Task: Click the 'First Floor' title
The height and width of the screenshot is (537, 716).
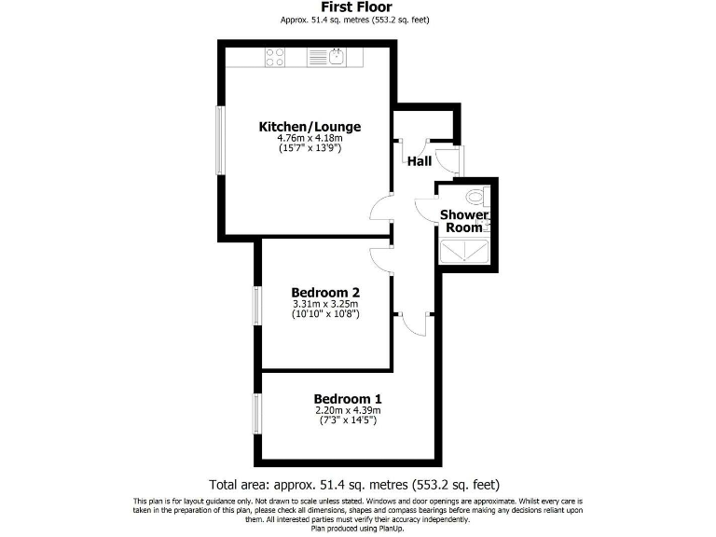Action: pyautogui.click(x=357, y=7)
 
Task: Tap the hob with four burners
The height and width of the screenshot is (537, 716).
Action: pyautogui.click(x=275, y=57)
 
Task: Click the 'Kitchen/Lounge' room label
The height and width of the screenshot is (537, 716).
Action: pyautogui.click(x=310, y=127)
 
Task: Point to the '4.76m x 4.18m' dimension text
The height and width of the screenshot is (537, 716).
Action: pyautogui.click(x=310, y=138)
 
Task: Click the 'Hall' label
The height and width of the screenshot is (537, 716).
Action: pyautogui.click(x=420, y=161)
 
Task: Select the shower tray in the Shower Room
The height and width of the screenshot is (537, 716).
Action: pyautogui.click(x=463, y=249)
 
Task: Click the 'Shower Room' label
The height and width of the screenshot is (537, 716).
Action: pyautogui.click(x=463, y=221)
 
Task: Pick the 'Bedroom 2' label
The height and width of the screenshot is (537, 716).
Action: pyautogui.click(x=325, y=290)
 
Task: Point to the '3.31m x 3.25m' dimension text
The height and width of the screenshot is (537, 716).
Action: pyautogui.click(x=325, y=303)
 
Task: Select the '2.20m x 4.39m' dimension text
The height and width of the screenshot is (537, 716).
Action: pyautogui.click(x=348, y=409)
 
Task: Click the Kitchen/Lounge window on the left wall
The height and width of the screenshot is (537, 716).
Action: pyautogui.click(x=220, y=139)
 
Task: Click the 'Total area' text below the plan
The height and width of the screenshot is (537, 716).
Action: pyautogui.click(x=356, y=485)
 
